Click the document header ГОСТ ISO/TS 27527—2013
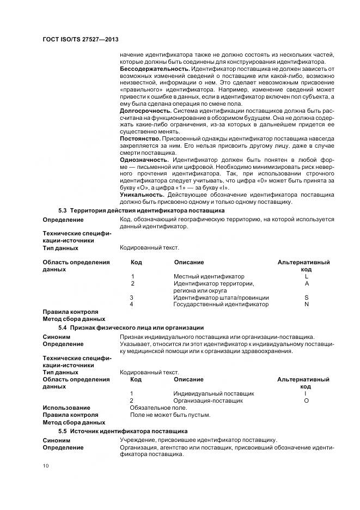tap(80, 41)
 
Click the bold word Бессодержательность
tap(154, 69)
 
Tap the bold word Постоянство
tap(139, 139)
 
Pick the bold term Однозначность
tap(144, 160)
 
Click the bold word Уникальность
tap(142, 195)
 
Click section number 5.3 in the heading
tap(63, 210)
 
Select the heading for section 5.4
tap(131, 327)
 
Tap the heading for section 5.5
tap(123, 430)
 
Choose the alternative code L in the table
tap(307, 277)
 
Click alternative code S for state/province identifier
tap(307, 297)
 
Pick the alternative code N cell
tap(307, 305)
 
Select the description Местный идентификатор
tap(209, 277)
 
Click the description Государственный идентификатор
tap(221, 305)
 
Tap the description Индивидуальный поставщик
tap(213, 393)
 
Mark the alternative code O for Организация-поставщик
tap(306, 400)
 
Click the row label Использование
tap(66, 408)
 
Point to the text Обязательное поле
tap(158, 408)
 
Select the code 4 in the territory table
tap(132, 305)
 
